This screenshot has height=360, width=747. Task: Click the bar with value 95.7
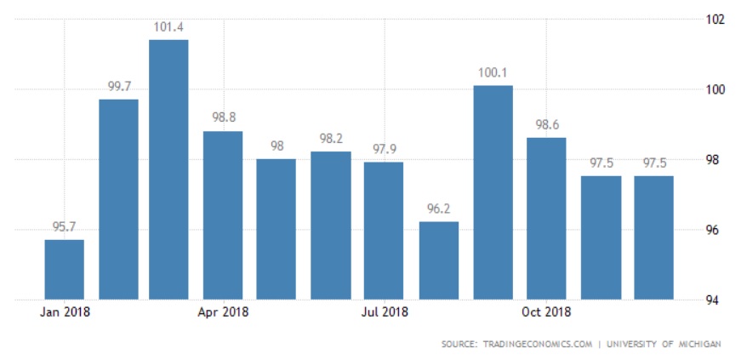pyautogui.click(x=65, y=269)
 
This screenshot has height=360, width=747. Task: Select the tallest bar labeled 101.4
pyautogui.click(x=168, y=169)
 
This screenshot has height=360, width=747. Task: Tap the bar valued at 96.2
pyautogui.click(x=439, y=260)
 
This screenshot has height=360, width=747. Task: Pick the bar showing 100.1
pyautogui.click(x=493, y=192)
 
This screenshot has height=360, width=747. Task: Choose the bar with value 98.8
pyautogui.click(x=223, y=215)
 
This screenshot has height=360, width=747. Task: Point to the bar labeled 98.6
pyautogui.click(x=546, y=219)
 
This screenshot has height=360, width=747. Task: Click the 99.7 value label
pyautogui.click(x=118, y=87)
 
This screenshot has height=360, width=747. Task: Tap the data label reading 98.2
pyautogui.click(x=331, y=139)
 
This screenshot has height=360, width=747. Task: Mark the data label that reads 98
pyautogui.click(x=277, y=146)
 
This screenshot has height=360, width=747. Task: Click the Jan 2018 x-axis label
pyautogui.click(x=65, y=311)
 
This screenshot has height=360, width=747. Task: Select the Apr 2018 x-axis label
pyautogui.click(x=223, y=311)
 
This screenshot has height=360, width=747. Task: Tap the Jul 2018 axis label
pyautogui.click(x=385, y=311)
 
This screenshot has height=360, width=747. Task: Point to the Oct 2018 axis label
pyautogui.click(x=546, y=311)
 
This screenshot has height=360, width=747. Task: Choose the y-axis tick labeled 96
pyautogui.click(x=705, y=230)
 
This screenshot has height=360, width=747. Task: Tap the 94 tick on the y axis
pyautogui.click(x=705, y=300)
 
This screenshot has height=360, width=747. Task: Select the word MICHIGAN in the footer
pyautogui.click(x=699, y=344)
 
